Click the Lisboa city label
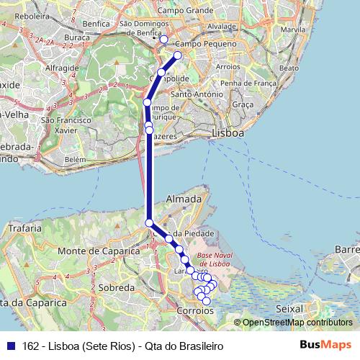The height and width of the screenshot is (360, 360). coord(228,134)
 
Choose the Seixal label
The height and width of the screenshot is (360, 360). coord(289,308)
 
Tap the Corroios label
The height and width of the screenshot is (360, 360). coord(195,310)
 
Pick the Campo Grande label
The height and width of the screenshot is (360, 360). coord(186,11)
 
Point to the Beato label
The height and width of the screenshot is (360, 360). coord(288,68)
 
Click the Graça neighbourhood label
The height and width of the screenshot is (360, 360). coord(243,104)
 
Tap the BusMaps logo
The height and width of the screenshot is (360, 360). coord(326,345)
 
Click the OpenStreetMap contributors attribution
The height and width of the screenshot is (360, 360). coord(297,323)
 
